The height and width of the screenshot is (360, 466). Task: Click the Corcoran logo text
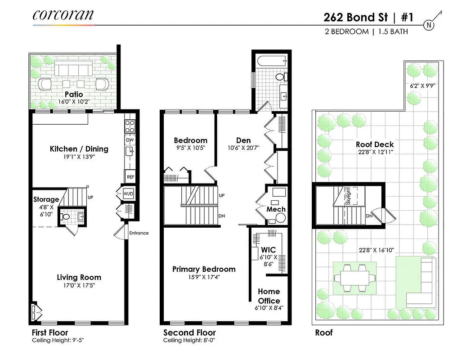[63, 14]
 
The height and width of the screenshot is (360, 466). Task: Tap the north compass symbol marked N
[429, 25]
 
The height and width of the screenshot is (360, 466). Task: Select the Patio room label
[73, 94]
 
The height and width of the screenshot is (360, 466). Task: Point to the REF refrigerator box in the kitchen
[130, 177]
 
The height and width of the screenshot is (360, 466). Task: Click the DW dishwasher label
[130, 140]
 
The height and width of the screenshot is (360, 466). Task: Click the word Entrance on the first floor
[139, 233]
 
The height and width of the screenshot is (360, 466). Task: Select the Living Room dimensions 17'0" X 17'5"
[79, 285]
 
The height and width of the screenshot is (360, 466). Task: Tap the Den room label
[243, 140]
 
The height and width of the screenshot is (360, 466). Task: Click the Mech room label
[275, 209]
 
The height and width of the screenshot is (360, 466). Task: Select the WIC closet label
[268, 250]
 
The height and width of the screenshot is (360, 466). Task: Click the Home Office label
[269, 296]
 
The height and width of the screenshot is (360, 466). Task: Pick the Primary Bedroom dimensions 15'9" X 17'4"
[204, 277]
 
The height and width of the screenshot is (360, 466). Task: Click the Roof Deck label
[375, 144]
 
